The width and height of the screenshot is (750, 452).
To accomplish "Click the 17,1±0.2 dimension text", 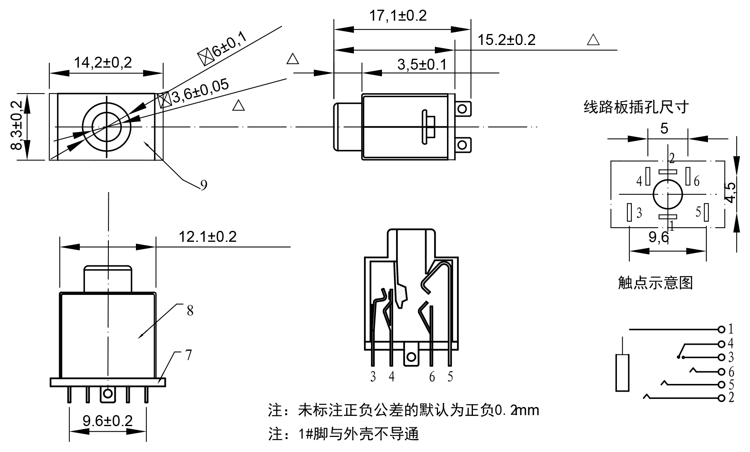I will (x=398, y=16).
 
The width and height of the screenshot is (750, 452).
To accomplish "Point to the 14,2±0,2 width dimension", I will (x=103, y=63).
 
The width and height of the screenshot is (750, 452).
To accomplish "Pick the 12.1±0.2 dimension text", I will (x=208, y=237).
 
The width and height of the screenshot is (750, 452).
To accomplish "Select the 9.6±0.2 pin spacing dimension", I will (x=108, y=421).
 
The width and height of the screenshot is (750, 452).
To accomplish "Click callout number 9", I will (x=204, y=185).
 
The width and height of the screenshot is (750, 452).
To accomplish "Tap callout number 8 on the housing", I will (x=190, y=311).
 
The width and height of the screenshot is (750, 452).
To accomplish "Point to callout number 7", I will (x=189, y=356).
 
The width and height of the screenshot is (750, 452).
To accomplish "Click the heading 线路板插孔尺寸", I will (x=636, y=107).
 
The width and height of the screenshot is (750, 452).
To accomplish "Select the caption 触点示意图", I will (x=655, y=283).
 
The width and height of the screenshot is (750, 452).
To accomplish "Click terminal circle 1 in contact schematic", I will (x=721, y=329).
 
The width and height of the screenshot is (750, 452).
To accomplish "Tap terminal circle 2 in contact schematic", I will (x=721, y=398).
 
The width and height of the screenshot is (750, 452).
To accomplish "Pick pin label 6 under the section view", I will (x=432, y=377).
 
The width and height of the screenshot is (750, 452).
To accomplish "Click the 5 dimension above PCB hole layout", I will (x=664, y=129).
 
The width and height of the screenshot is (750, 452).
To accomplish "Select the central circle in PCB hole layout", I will (x=667, y=194).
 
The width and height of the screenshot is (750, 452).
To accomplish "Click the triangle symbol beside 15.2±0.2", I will (x=593, y=40).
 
